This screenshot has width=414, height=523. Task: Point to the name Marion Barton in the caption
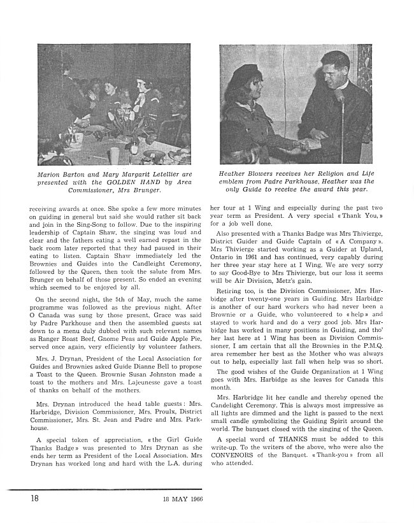62,173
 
